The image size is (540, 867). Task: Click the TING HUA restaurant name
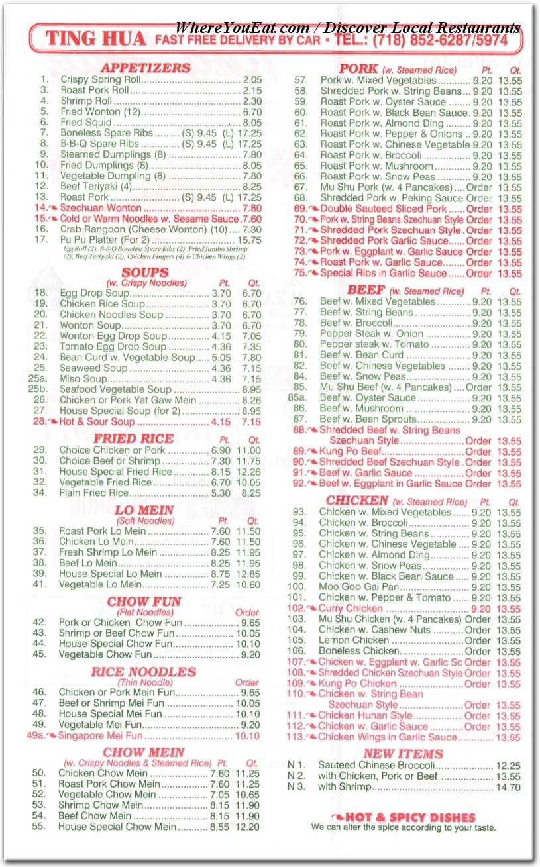point(97,39)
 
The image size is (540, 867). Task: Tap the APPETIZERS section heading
point(145,68)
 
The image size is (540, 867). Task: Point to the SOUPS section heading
point(145,272)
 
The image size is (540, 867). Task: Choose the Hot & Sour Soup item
point(97,422)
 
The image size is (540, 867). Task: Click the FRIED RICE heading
point(133,438)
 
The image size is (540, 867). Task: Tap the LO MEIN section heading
point(144,510)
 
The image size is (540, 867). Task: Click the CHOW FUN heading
point(144,602)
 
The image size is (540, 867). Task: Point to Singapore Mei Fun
point(100,735)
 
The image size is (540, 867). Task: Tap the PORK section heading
point(358,68)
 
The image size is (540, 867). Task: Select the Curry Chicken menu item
point(351,609)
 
